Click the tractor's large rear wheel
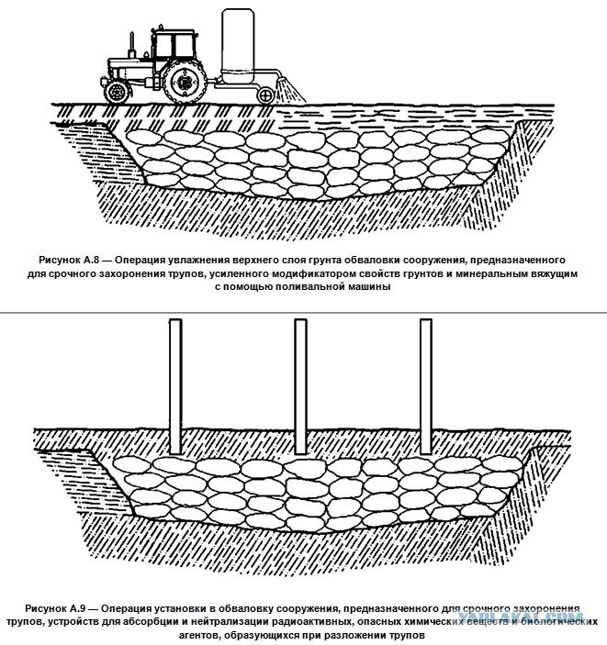pyautogui.click(x=185, y=82)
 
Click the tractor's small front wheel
pyautogui.click(x=117, y=92)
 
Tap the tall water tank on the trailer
pyautogui.click(x=238, y=44)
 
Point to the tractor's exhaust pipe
pyautogui.click(x=132, y=45)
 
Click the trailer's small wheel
pyautogui.click(x=265, y=95)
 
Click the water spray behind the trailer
pyautogui.click(x=290, y=91)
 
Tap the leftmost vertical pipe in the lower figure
pyautogui.click(x=175, y=386)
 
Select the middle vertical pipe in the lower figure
pyautogui.click(x=300, y=386)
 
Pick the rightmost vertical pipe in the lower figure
pyautogui.click(x=426, y=386)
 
